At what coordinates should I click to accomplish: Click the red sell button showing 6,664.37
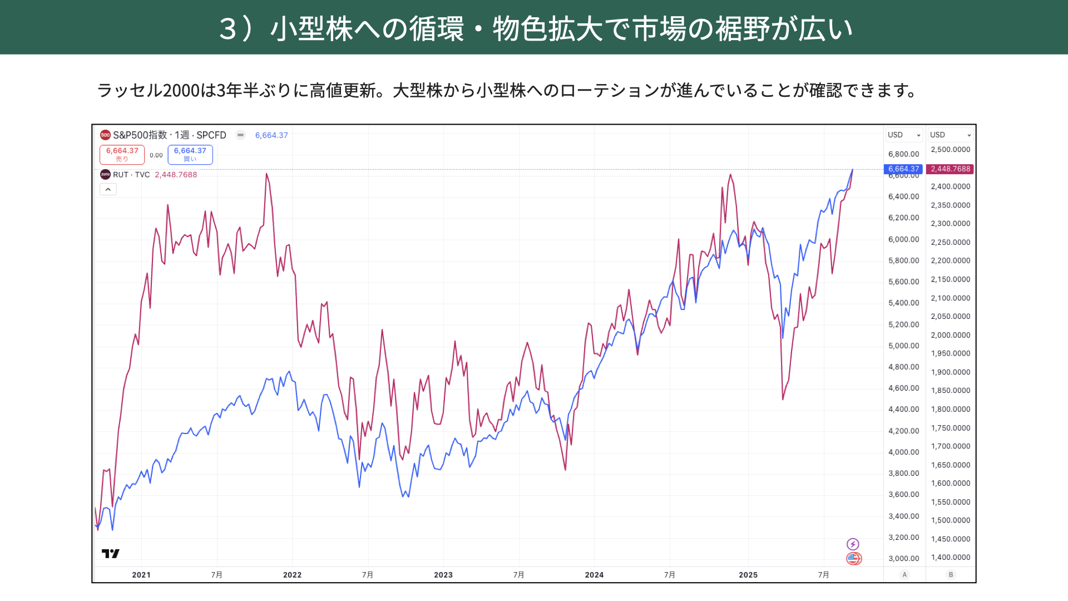(x=122, y=154)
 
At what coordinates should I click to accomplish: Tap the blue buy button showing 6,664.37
(x=190, y=154)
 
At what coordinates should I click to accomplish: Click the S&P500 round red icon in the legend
(x=105, y=135)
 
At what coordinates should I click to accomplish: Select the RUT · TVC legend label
(x=131, y=175)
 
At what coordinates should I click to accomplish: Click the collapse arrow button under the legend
(x=108, y=189)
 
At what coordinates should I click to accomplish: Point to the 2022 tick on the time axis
(x=292, y=575)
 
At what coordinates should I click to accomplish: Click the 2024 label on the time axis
(x=594, y=575)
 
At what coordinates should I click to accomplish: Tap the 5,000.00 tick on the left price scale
(x=903, y=346)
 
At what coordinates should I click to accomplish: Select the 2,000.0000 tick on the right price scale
(x=950, y=335)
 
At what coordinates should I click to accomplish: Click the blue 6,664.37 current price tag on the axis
(x=903, y=169)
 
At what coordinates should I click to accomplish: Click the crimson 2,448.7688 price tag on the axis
(x=950, y=169)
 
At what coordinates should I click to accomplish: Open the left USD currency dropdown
(x=904, y=135)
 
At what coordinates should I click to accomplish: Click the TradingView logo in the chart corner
(x=111, y=553)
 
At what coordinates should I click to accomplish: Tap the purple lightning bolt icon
(x=853, y=544)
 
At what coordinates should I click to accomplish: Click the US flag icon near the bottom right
(x=854, y=558)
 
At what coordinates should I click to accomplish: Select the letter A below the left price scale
(x=904, y=575)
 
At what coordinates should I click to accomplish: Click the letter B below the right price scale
(x=951, y=575)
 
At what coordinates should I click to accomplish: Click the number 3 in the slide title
(x=228, y=28)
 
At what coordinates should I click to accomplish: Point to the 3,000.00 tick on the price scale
(x=903, y=558)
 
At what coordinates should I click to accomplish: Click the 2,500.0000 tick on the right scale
(x=950, y=150)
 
